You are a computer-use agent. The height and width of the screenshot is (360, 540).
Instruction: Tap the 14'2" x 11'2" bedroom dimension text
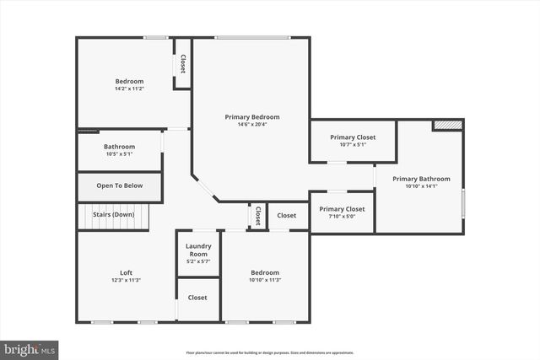tap(129, 89)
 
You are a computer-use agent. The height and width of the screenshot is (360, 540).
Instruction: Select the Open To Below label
tap(119, 185)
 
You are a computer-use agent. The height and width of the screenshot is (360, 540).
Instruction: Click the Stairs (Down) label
tap(113, 214)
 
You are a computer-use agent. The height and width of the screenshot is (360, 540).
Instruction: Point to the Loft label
tap(126, 272)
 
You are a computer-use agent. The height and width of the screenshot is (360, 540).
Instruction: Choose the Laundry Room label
tap(197, 250)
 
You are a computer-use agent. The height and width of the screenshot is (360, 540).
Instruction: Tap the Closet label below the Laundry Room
tap(197, 298)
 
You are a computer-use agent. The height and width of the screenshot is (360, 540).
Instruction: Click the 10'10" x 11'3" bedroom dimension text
tap(264, 280)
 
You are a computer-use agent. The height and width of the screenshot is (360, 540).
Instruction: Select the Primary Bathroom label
tap(421, 179)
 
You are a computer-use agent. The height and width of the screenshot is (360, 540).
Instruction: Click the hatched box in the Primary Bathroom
tap(448, 125)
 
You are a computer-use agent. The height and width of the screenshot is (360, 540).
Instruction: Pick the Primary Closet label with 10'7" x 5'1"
tap(353, 137)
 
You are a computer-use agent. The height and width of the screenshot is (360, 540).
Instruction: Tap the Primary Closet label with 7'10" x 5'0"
tap(342, 208)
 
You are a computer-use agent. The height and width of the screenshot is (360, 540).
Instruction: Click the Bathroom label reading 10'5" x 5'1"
tap(119, 146)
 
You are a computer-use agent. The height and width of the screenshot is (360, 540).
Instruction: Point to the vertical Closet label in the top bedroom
tap(182, 65)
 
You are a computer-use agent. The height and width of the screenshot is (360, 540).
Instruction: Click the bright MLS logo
tap(30, 347)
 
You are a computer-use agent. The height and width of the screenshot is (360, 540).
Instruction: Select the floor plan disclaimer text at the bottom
tap(269, 352)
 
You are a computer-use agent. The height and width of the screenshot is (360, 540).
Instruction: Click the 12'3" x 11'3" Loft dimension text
tap(126, 280)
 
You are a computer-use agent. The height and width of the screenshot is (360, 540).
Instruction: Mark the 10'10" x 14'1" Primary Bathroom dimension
tap(421, 186)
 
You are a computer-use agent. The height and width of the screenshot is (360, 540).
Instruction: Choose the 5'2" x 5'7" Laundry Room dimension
tap(197, 261)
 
